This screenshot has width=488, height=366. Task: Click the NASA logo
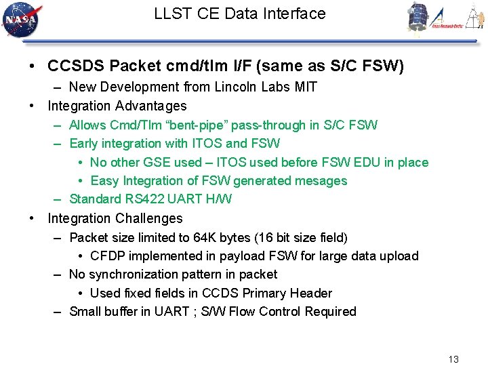pos(22,20)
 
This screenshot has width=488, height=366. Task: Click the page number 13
pos(453,359)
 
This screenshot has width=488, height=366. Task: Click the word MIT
pos(305,87)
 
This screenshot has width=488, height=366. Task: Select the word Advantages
pos(150,106)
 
